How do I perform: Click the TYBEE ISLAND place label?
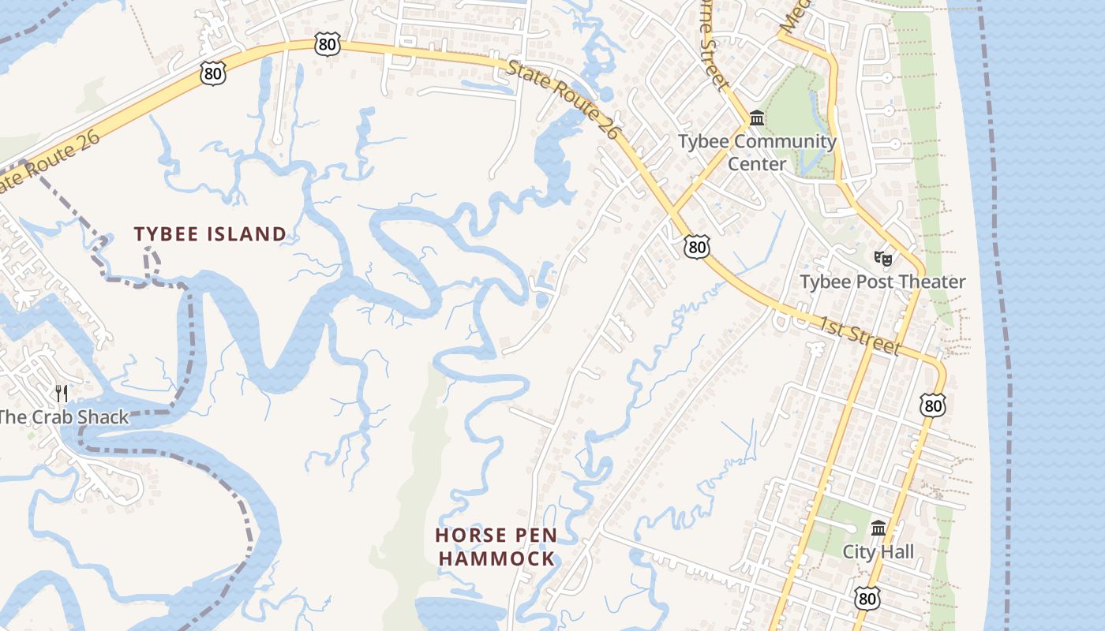(210, 234)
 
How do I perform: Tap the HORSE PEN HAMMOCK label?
(496, 547)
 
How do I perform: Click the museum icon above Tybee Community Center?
(757, 118)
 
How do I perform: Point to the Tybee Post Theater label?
(882, 282)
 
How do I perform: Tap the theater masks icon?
(882, 258)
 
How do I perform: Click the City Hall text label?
(878, 551)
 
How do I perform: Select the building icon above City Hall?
(878, 528)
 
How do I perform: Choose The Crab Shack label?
(64, 417)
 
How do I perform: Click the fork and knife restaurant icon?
(62, 393)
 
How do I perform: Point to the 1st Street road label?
(858, 335)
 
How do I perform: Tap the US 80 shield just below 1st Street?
(932, 405)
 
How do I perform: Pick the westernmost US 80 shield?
(213, 74)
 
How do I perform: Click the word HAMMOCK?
(496, 558)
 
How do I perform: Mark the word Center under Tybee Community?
(757, 164)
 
